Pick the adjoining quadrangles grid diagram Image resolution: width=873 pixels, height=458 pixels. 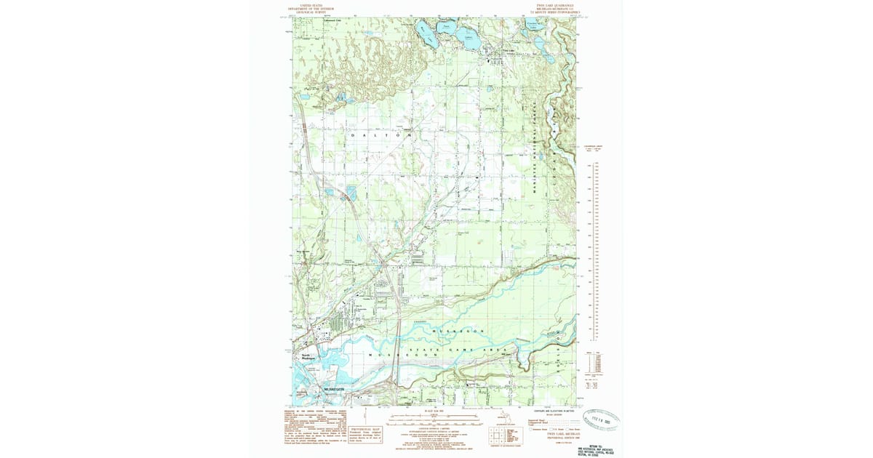497,434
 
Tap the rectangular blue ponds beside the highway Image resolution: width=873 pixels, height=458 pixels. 352,193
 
